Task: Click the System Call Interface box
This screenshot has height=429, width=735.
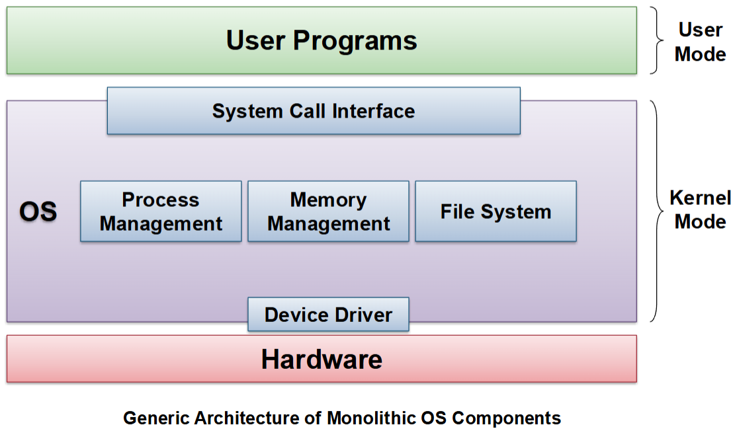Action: click(314, 111)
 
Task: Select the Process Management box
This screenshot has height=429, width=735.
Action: click(161, 212)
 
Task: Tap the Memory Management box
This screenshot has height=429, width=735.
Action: click(328, 212)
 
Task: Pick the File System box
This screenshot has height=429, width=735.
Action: click(496, 212)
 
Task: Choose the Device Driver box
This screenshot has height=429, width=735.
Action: click(328, 315)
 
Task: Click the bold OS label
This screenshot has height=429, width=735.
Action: click(38, 212)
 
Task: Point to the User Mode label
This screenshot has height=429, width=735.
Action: click(700, 42)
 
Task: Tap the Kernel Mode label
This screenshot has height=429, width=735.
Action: click(700, 210)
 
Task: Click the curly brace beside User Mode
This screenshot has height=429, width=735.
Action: click(656, 40)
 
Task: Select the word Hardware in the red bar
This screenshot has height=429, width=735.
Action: click(322, 360)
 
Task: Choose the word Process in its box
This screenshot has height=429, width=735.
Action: click(161, 200)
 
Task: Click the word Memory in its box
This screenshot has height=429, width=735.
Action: click(328, 200)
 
